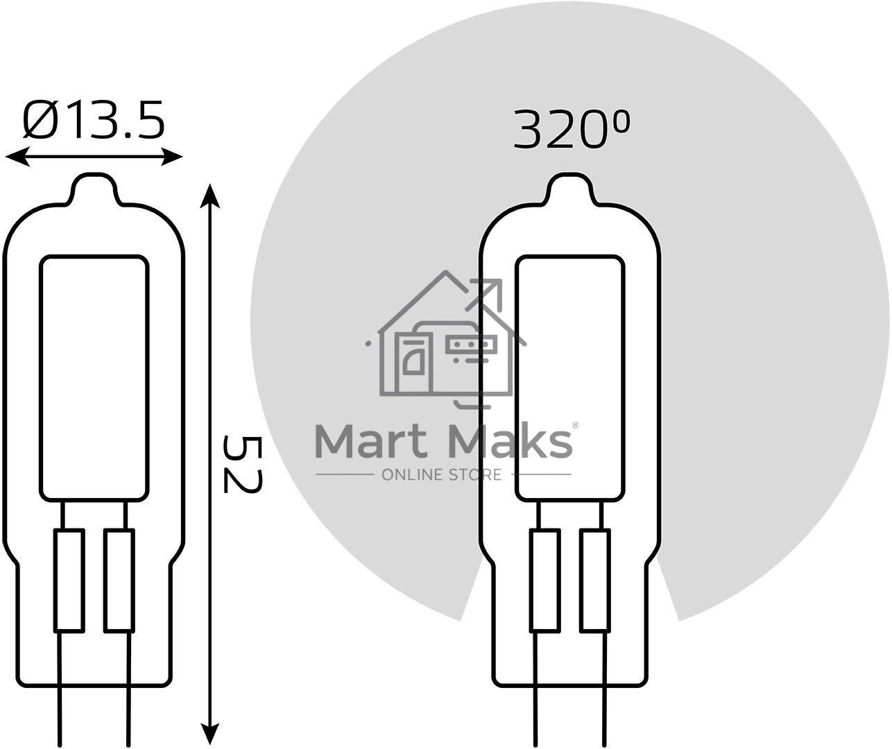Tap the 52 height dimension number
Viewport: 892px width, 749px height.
pos(242,463)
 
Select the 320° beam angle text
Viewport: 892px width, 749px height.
pos(572,130)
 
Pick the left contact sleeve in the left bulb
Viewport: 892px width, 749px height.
pos(69,580)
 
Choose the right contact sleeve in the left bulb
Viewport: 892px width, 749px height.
pos(119,580)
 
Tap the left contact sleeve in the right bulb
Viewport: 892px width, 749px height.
pos(544,580)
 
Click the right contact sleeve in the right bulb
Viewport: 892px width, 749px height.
pos(595,580)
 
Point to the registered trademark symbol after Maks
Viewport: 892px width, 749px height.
pos(575,425)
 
